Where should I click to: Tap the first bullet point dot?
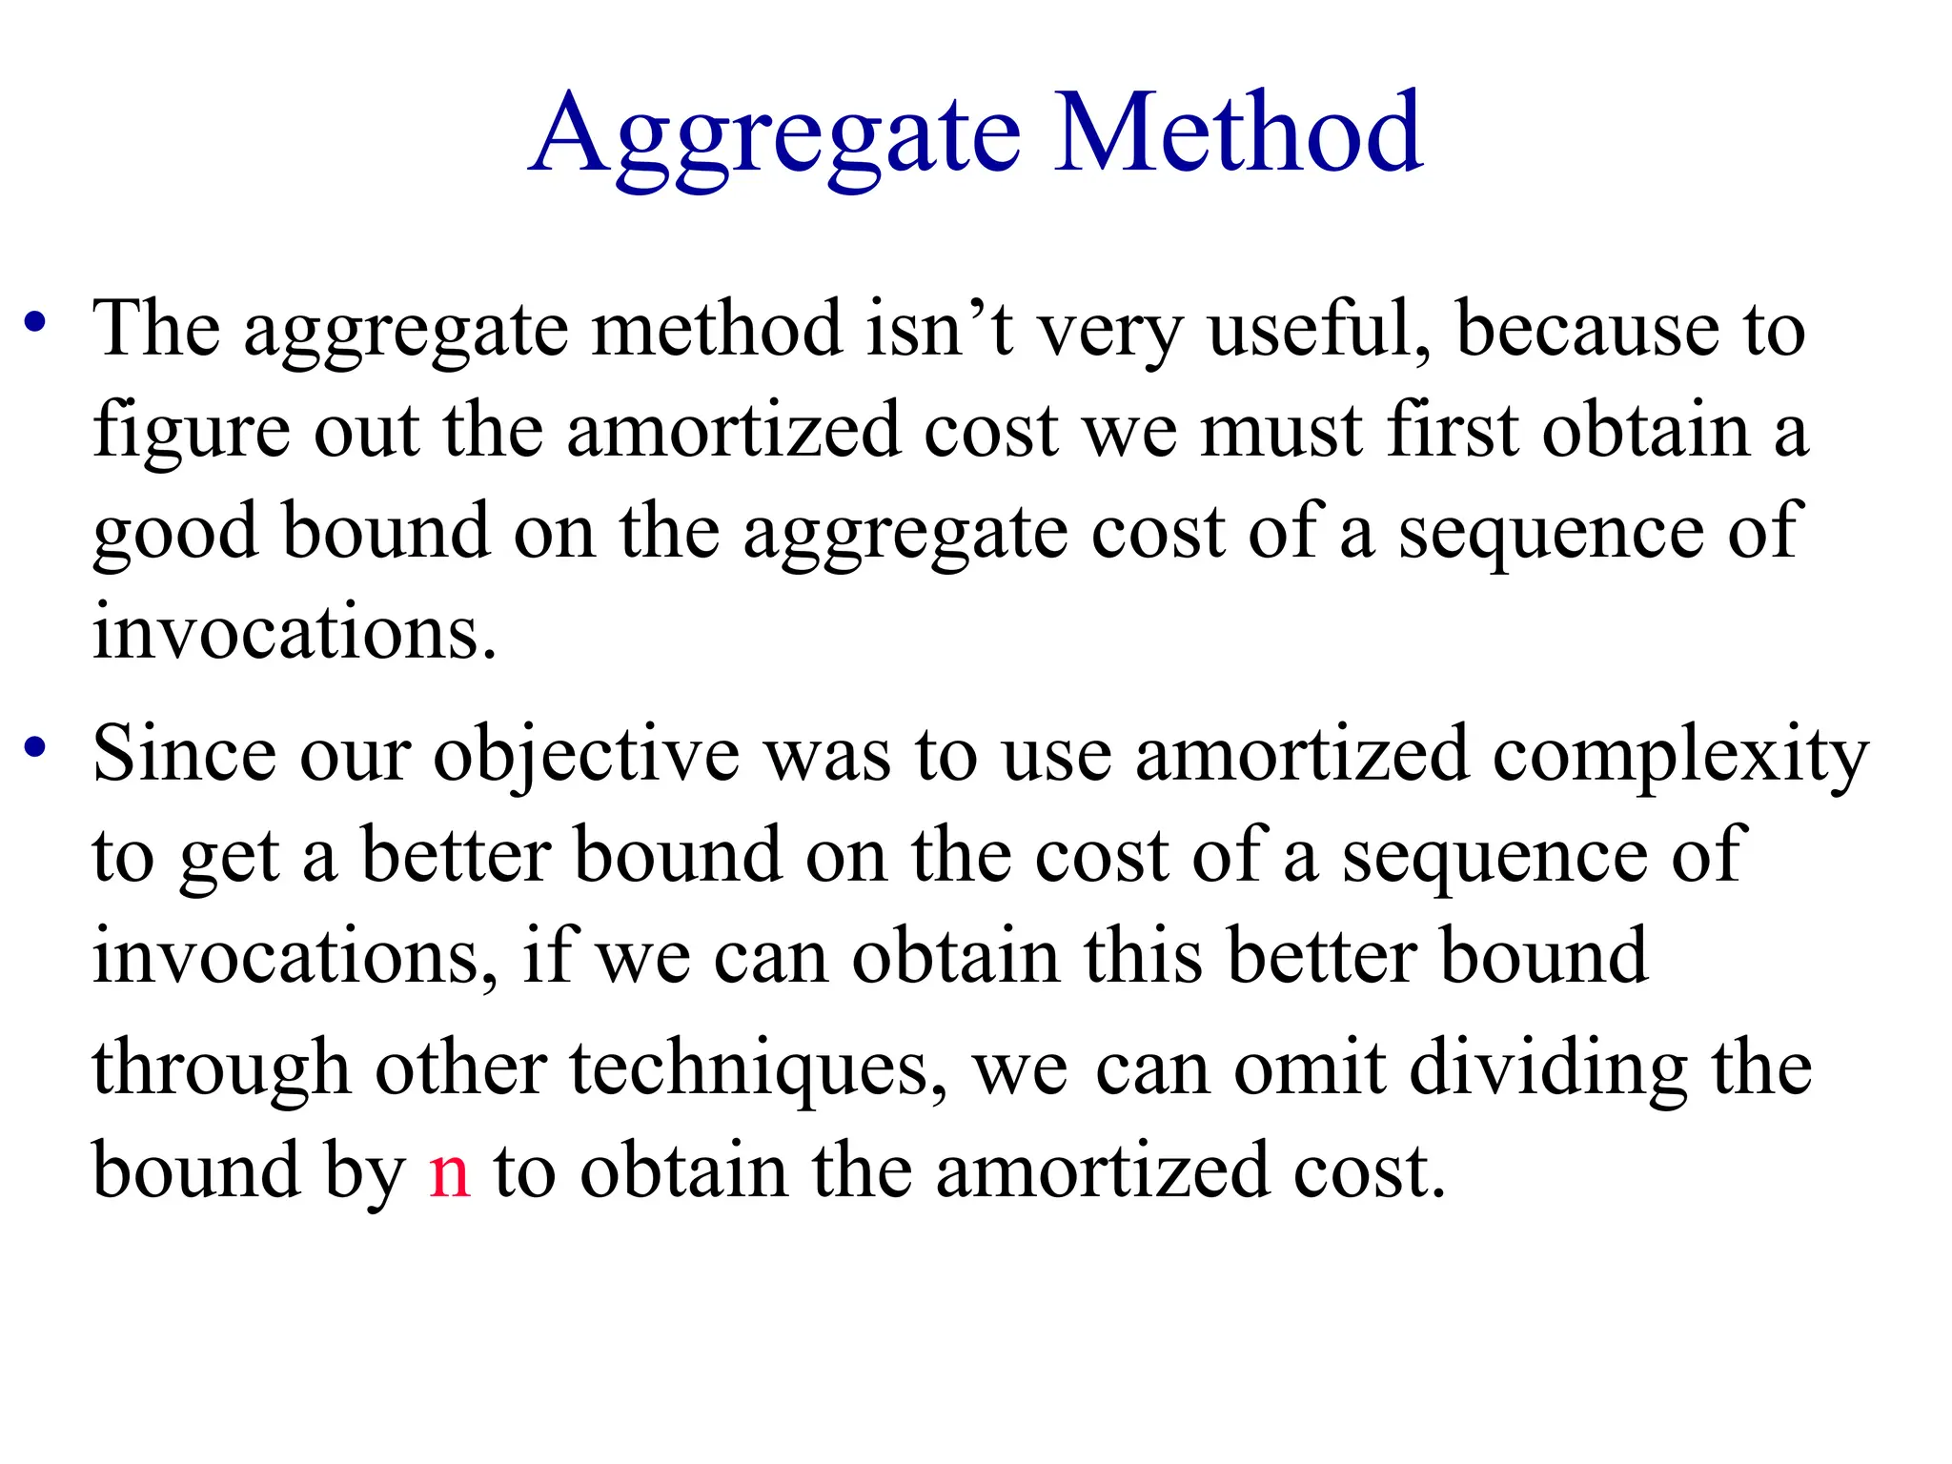(35, 321)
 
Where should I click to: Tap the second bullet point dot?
(35, 746)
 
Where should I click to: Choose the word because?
(1588, 329)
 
